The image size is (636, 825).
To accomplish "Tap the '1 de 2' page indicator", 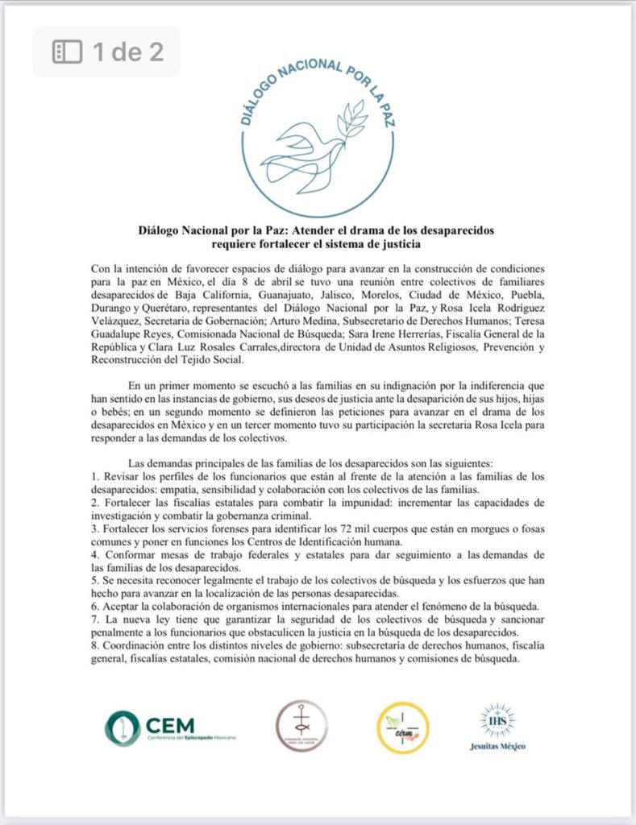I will click(127, 52).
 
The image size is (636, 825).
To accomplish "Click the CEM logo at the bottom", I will click(170, 727).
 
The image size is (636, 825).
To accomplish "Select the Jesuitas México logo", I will click(497, 727).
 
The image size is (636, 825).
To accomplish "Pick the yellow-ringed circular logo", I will click(402, 728).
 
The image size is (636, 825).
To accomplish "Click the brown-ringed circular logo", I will click(301, 727).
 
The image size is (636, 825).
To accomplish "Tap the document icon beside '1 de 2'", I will click(68, 52).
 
